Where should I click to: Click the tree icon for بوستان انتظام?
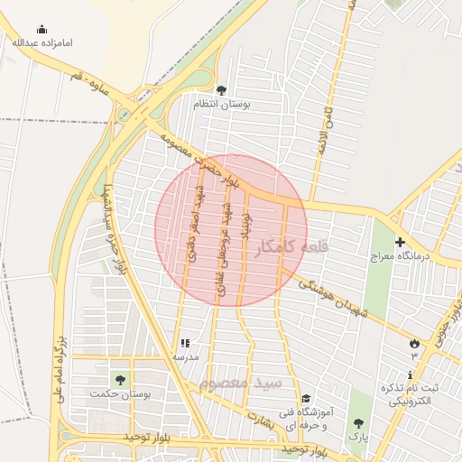[221, 89]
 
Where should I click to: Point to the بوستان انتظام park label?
[221, 104]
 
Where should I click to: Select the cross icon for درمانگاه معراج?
[400, 242]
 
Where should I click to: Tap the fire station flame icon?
[414, 343]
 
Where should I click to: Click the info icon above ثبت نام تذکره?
[411, 374]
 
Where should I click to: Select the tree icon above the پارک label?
[359, 422]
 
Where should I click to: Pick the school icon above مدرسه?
[185, 344]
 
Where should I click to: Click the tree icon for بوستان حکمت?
[119, 379]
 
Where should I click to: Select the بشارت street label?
[258, 421]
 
